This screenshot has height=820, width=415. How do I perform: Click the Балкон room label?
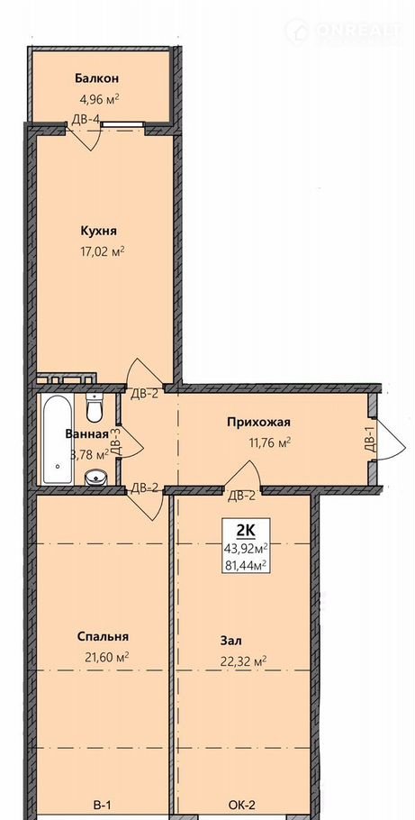coord(96,78)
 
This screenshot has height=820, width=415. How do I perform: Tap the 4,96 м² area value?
coord(100,98)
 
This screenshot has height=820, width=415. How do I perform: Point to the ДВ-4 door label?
coord(86,119)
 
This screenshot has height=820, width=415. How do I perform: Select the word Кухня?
coord(98,232)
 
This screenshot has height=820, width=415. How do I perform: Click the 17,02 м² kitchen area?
coord(103,251)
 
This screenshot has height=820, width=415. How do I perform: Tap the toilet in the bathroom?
coord(95,407)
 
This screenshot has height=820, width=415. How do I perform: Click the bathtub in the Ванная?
coord(57,440)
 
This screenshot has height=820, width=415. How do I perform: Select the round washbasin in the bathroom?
coord(95,477)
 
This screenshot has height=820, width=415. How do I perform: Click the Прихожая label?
coord(258,422)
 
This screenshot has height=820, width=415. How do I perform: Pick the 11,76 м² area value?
coord(268,443)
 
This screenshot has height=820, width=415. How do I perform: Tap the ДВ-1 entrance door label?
coord(369,439)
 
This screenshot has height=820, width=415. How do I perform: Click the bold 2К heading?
coord(246,530)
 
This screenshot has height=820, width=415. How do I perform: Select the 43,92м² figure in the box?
coord(246,548)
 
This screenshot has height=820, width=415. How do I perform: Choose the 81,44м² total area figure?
coord(246,564)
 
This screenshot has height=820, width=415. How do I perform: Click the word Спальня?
coord(103,636)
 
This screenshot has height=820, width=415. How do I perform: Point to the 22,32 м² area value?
coord(244,661)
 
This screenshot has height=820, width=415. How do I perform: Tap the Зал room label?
coord(231,641)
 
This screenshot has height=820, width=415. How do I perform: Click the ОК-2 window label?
coord(242,805)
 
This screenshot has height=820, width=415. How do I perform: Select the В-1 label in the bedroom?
coord(103,805)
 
